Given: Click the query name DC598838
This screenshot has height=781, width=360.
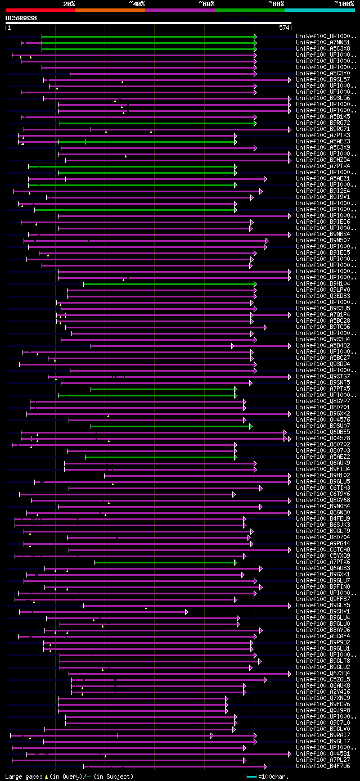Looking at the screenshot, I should click(x=21, y=18).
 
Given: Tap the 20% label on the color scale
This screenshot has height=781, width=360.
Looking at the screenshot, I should click(x=69, y=3).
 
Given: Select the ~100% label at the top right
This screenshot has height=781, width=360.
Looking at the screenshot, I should click(x=344, y=3).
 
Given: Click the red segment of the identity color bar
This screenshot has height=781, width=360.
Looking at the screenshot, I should click(x=40, y=10).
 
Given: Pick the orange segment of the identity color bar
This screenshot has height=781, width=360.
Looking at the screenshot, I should click(x=110, y=10).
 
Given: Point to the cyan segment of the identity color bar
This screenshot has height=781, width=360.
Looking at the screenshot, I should click(x=319, y=10).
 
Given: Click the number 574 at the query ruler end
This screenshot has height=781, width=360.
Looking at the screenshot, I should click(x=283, y=28).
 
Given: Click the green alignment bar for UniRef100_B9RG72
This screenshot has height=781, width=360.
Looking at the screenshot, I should click(x=157, y=123).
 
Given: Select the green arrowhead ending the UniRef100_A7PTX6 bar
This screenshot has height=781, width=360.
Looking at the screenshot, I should click(x=236, y=562).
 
